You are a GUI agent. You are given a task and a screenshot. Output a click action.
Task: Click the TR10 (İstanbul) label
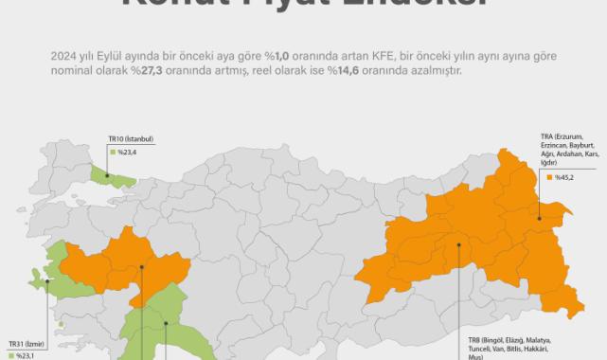[131, 139]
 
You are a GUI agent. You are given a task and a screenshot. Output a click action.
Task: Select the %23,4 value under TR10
[129, 151]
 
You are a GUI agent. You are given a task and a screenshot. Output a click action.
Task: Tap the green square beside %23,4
[111, 151]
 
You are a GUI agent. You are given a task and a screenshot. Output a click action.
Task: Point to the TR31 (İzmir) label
[27, 345]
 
